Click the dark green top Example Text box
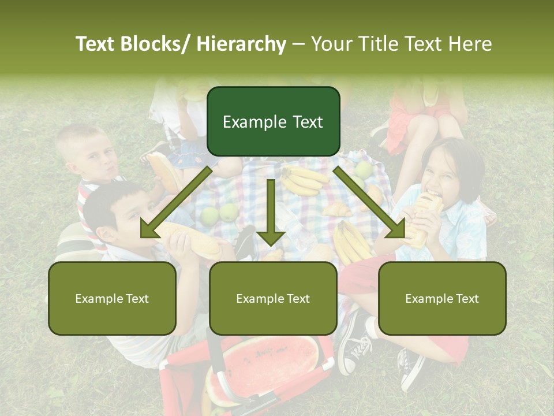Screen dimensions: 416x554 click(x=273, y=121)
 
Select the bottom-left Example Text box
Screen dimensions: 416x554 click(x=112, y=298)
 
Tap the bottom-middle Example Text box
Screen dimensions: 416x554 click(x=273, y=298)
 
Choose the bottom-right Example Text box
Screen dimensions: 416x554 click(x=442, y=298)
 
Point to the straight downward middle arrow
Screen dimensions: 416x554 click(x=271, y=214)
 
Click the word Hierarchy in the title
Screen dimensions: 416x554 click(x=241, y=44)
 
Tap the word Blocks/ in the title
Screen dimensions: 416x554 click(x=156, y=44)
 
